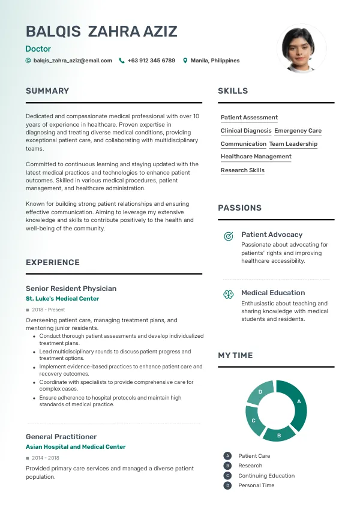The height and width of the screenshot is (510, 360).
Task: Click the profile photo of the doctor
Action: click(301, 49)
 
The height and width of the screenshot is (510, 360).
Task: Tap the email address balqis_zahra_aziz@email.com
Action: click(73, 61)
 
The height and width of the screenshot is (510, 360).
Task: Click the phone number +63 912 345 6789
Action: click(151, 61)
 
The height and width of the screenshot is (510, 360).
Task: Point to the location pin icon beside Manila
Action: click(185, 61)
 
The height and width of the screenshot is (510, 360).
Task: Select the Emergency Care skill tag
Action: click(298, 131)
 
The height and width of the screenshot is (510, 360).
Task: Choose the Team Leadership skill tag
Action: click(293, 144)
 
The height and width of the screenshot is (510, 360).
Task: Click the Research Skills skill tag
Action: click(242, 170)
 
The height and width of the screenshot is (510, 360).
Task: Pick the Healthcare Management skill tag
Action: click(256, 157)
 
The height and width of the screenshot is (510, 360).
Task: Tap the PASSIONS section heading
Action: click(239, 208)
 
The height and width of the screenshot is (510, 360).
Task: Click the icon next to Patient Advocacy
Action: click(228, 236)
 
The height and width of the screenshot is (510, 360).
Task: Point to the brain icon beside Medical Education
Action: click(228, 295)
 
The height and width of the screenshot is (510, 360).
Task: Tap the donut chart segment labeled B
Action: click(278, 433)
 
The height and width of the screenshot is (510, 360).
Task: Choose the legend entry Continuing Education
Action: click(266, 476)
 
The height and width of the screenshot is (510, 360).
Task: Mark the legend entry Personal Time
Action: click(256, 485)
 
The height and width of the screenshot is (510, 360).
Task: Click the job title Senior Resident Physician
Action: click(71, 289)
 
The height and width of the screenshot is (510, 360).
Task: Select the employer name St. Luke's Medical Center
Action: click(62, 299)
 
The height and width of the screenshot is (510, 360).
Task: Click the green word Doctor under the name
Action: click(38, 49)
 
